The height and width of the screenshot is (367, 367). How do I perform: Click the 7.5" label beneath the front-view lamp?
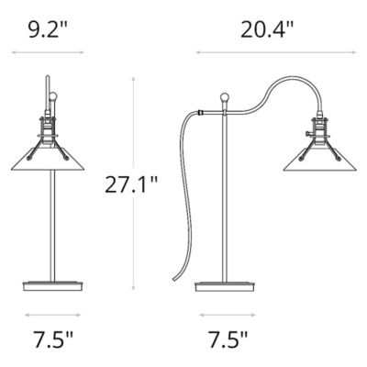50,341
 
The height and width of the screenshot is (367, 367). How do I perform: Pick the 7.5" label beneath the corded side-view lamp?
225,341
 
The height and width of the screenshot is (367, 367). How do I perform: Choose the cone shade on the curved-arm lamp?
322,161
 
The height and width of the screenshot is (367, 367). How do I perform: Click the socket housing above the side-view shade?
322,128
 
